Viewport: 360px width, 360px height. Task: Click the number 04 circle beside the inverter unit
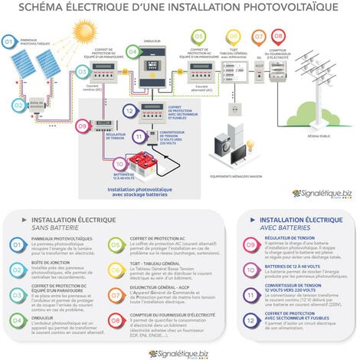pos(132,52)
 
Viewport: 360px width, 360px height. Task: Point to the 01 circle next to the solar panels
pos(9,41)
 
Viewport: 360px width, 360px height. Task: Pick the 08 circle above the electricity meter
pos(278,36)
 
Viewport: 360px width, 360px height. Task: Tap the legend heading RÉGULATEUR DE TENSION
pos(286,238)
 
